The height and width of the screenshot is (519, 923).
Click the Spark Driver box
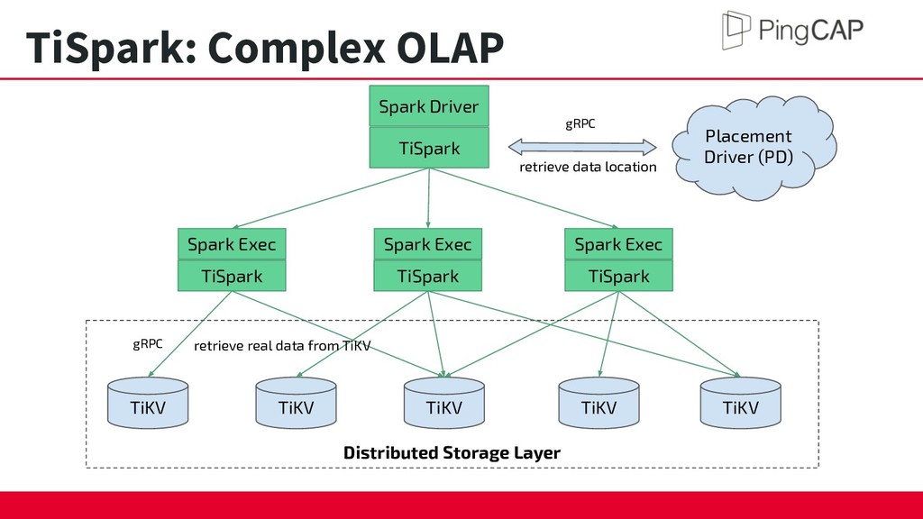429,106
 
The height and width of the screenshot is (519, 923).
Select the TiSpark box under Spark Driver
429,148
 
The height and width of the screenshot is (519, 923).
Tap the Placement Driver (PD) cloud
753,147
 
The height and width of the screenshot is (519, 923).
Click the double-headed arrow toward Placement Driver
582,147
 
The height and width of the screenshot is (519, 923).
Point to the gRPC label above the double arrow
580,123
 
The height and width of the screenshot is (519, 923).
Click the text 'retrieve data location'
588,167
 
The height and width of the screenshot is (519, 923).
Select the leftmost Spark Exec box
232,244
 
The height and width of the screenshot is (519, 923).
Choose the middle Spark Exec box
428,244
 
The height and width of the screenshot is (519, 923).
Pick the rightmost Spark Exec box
618,244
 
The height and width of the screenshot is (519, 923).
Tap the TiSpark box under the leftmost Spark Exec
232,276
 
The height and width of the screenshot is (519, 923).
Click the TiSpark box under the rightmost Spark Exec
618,276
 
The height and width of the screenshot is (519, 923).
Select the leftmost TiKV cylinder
148,403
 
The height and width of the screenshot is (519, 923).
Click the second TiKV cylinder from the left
296,403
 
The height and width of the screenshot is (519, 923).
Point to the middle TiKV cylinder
444,403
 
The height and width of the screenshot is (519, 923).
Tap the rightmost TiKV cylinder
741,403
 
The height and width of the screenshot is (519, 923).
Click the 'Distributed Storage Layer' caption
452,452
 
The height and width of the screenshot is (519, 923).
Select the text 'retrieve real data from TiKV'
282,345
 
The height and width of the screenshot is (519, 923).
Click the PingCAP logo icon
736,30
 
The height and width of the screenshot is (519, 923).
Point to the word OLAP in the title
450,47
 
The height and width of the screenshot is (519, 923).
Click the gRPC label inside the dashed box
147,343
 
